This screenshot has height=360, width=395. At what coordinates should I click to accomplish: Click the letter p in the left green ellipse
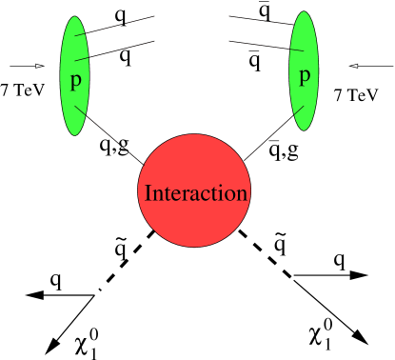75,80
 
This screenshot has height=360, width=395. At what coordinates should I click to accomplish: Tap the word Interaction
195,193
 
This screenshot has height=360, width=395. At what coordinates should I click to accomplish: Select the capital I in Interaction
147,193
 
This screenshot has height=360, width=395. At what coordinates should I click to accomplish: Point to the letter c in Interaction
198,194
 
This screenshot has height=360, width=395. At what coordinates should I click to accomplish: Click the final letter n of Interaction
242,194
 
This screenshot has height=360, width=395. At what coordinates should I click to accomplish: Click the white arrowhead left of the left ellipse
39,66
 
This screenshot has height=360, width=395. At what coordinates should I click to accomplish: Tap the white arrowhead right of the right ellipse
354,66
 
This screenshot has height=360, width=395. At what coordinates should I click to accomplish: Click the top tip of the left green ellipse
74,18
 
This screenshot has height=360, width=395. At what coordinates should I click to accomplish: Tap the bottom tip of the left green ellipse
74,134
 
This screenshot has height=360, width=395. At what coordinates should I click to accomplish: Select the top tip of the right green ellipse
304,13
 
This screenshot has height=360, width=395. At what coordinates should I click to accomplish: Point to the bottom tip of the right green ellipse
304,130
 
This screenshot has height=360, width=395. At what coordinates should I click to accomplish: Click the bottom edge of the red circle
194,246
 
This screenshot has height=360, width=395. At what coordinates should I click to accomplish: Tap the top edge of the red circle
194,135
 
